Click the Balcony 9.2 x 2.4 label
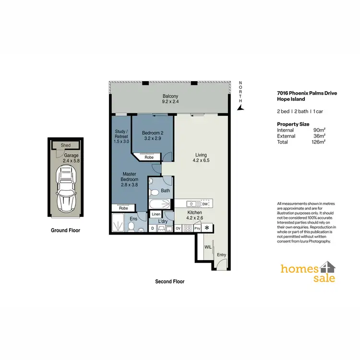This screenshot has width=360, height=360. pos(170,99)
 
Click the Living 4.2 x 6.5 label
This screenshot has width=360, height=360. pos(201,158)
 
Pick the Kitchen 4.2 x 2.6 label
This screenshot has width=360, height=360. pos(195,215)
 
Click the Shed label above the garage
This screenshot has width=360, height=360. pos(65,145)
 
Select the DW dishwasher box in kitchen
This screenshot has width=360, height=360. pos(204,204)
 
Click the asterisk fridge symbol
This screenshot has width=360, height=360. pos(207,228)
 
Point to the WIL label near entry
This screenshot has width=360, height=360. pos(208,247)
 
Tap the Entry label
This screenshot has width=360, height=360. pos(221,255)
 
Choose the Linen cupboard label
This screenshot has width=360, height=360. pos(156,214)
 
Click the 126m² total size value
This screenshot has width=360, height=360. pos(318,142)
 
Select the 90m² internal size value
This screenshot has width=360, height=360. pos(319,130)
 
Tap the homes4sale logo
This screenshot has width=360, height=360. pos(308,273)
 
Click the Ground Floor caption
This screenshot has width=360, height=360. pos(66,230)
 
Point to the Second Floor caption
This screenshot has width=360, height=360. pos(169,282)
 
